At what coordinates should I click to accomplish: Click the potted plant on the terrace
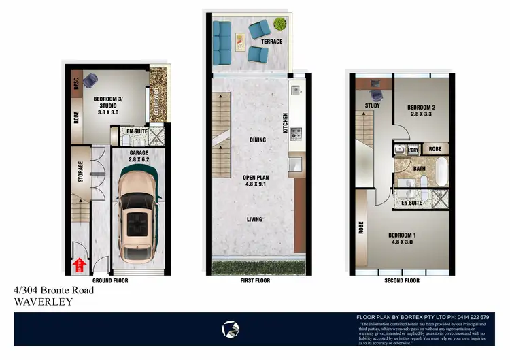click(x=279, y=24)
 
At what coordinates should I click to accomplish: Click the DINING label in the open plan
click(x=257, y=140)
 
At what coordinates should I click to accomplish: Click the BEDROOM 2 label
click(x=420, y=108)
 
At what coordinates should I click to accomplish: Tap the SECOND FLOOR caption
click(x=402, y=280)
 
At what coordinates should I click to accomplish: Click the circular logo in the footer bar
click(x=230, y=329)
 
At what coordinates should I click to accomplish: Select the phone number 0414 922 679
click(x=474, y=317)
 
